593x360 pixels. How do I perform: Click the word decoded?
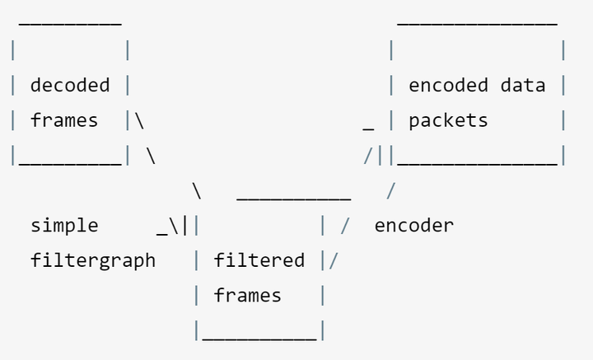point(70,85)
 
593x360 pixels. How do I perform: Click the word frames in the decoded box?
point(64,120)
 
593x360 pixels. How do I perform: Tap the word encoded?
point(449,85)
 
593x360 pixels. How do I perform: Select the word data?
point(523,85)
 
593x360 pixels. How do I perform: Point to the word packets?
point(449,121)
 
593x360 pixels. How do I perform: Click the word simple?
point(64,226)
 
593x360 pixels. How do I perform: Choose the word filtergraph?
point(93,261)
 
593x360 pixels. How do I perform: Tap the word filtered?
point(259,260)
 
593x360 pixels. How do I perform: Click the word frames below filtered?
point(248,296)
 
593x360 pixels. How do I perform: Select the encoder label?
point(414,226)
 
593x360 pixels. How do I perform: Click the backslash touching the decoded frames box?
point(139,121)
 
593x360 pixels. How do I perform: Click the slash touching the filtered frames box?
point(334,261)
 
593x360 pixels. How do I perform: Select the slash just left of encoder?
point(345,226)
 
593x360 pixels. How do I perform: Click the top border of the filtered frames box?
point(294,199)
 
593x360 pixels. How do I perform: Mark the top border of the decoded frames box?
point(70,24)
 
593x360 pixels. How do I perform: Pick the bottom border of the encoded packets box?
point(477,164)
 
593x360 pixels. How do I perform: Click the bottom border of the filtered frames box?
point(259,339)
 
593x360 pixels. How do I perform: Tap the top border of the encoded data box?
point(477,24)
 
